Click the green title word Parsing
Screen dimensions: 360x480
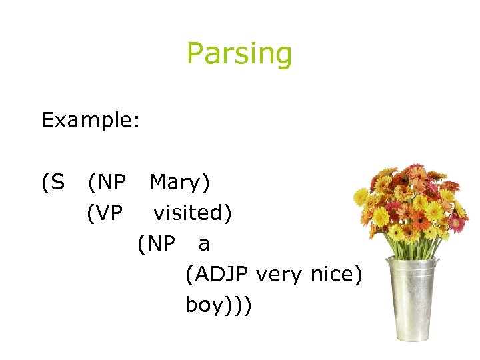point(239,53)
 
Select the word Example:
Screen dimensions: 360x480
point(90,120)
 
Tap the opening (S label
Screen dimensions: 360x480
point(53,182)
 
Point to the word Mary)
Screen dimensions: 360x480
point(179,182)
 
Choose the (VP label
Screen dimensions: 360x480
point(105,213)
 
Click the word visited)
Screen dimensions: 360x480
point(193,213)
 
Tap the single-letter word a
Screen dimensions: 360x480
point(204,244)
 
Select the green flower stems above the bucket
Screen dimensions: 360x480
point(413,247)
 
